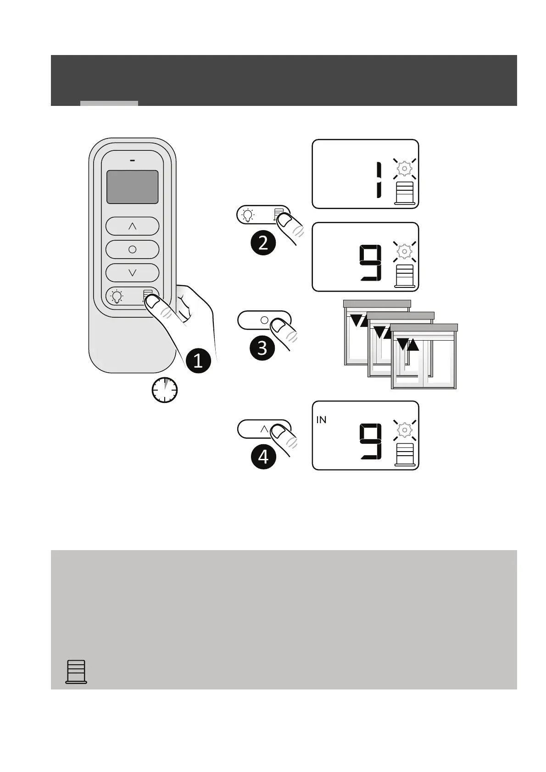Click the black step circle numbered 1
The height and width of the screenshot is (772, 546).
click(x=198, y=361)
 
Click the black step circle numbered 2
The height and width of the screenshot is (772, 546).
click(x=263, y=243)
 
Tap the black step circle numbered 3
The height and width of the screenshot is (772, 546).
click(x=262, y=347)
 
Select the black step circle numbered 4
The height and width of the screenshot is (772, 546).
click(x=263, y=457)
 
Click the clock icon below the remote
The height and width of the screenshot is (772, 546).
click(x=164, y=390)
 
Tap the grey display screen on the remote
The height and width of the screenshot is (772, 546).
click(x=132, y=187)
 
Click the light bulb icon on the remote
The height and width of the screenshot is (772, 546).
click(x=117, y=297)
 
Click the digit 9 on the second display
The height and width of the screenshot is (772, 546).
click(x=371, y=263)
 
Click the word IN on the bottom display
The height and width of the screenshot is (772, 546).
click(x=321, y=420)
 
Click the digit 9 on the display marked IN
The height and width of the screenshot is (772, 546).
click(x=371, y=441)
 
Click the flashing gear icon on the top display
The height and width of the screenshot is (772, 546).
click(x=404, y=169)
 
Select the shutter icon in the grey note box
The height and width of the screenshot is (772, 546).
click(x=76, y=672)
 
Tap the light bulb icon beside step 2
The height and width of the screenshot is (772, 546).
click(x=248, y=215)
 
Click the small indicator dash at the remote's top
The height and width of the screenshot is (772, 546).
click(x=132, y=161)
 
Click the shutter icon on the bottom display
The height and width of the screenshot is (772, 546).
click(x=405, y=455)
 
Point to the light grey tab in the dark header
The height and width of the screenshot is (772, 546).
click(x=109, y=103)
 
